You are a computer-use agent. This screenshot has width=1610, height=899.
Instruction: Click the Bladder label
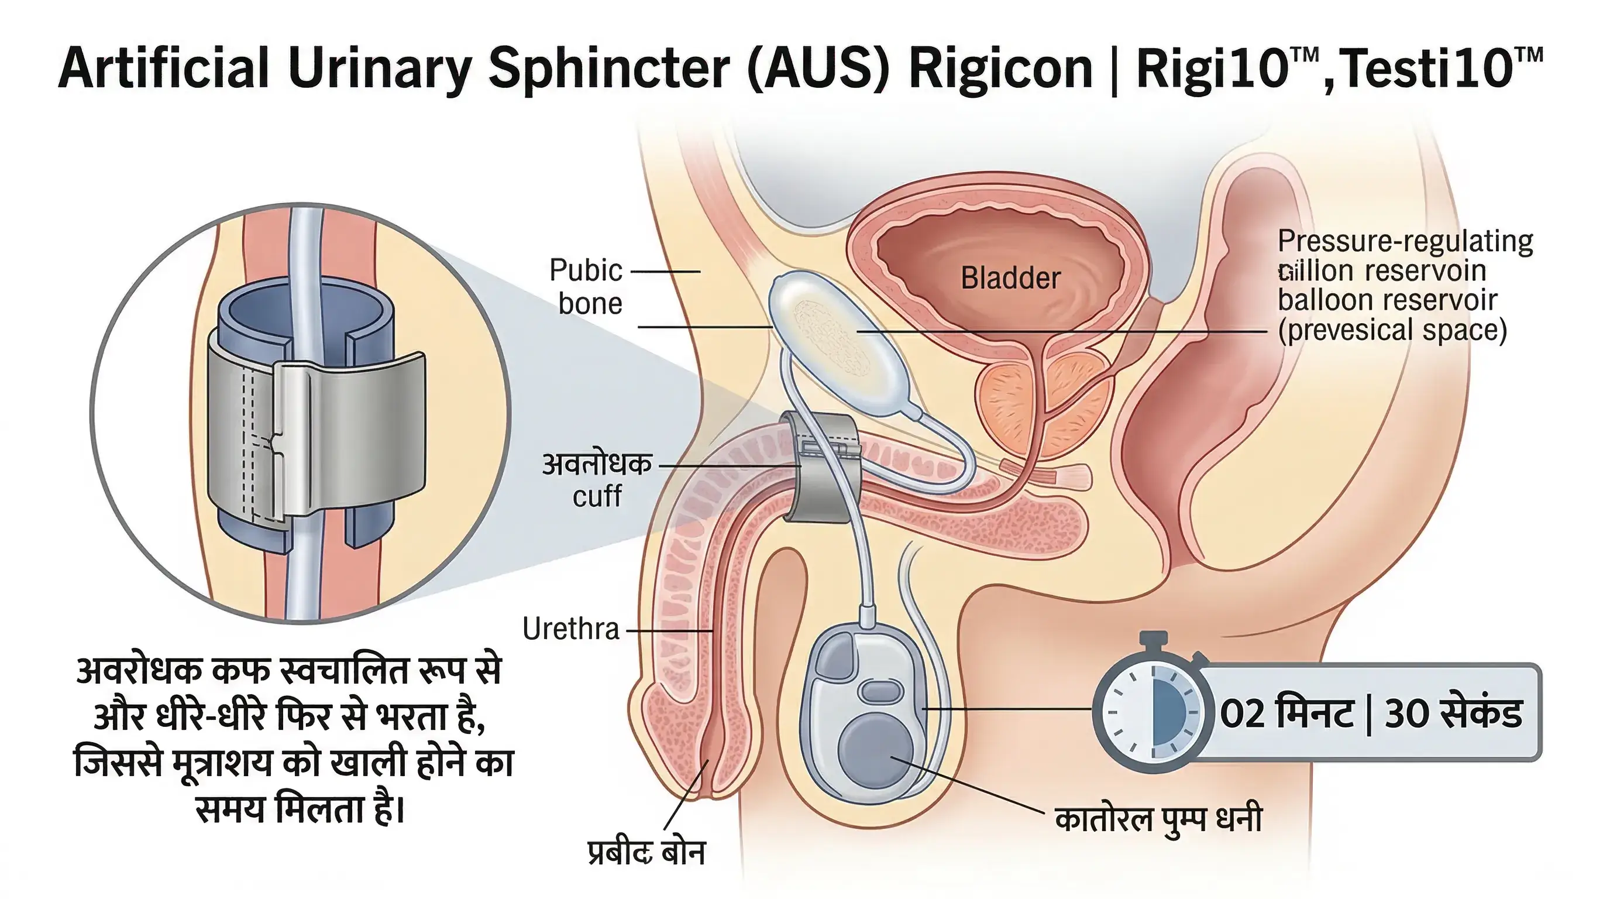coord(1010,278)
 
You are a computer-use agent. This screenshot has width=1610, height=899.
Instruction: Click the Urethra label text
coord(570,629)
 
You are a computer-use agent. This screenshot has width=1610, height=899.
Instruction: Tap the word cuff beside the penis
coord(597,496)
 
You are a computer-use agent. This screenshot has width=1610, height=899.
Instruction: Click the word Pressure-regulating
coord(1405,241)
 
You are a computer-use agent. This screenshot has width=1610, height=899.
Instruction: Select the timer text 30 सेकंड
coord(1453,713)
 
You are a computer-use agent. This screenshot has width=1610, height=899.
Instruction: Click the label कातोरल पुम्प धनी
coord(1158,819)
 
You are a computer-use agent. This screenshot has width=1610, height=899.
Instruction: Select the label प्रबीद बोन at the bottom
coord(646,853)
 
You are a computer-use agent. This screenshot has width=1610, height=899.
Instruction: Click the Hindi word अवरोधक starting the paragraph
coord(138,671)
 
